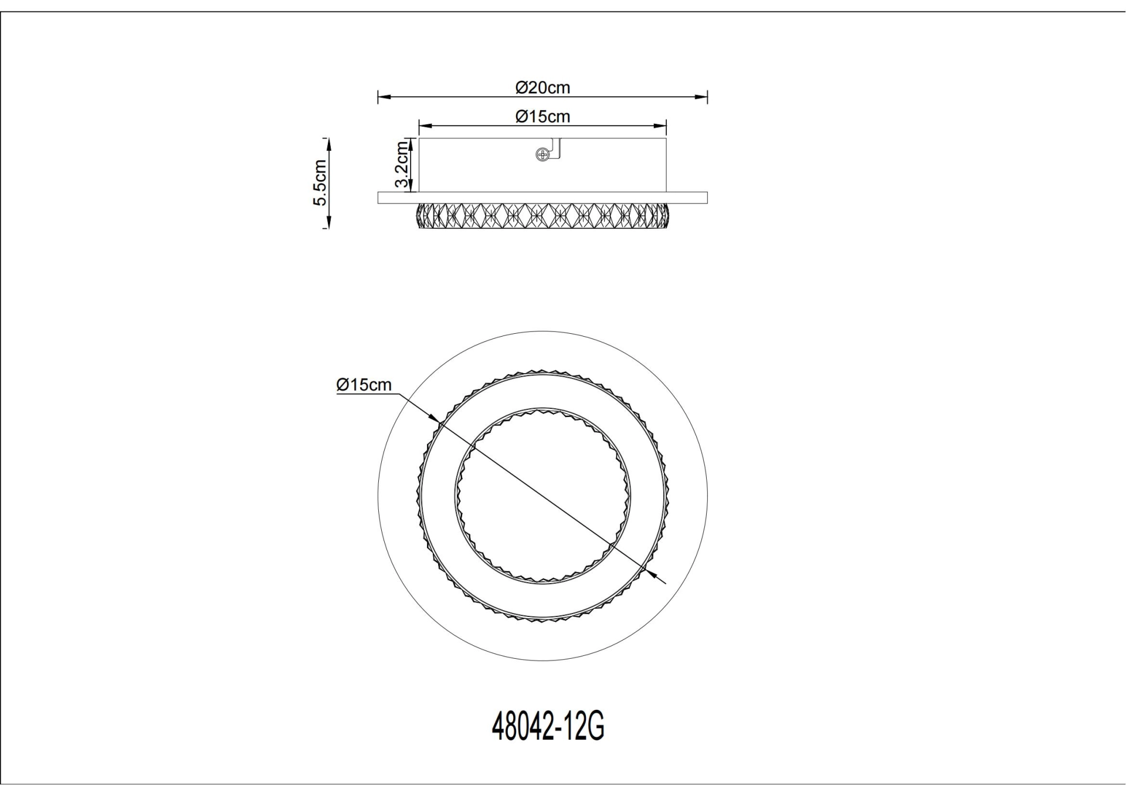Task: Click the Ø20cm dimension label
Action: click(542, 88)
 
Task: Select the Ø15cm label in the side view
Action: click(542, 117)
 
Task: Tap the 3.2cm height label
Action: click(402, 164)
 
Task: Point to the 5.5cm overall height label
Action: click(320, 182)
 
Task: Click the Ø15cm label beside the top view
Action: click(364, 385)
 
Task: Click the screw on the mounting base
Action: click(542, 155)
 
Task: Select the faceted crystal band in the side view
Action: click(542, 215)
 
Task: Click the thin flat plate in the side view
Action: click(542, 198)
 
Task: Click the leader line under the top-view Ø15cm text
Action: click(367, 394)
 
